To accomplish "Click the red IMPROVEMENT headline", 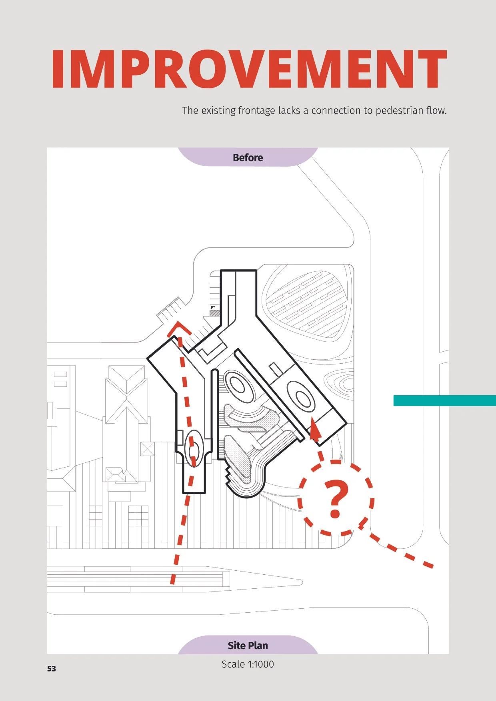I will point(249,69).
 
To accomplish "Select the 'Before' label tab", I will point(248,157).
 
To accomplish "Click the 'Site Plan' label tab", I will point(248,645).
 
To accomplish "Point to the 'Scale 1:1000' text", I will point(248,664).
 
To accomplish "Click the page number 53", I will point(52,669).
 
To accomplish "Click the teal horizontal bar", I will point(444,400).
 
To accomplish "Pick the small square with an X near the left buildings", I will point(147,449).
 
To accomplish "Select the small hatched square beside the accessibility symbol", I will point(215,313).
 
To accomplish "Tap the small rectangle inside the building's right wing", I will point(275,369).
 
